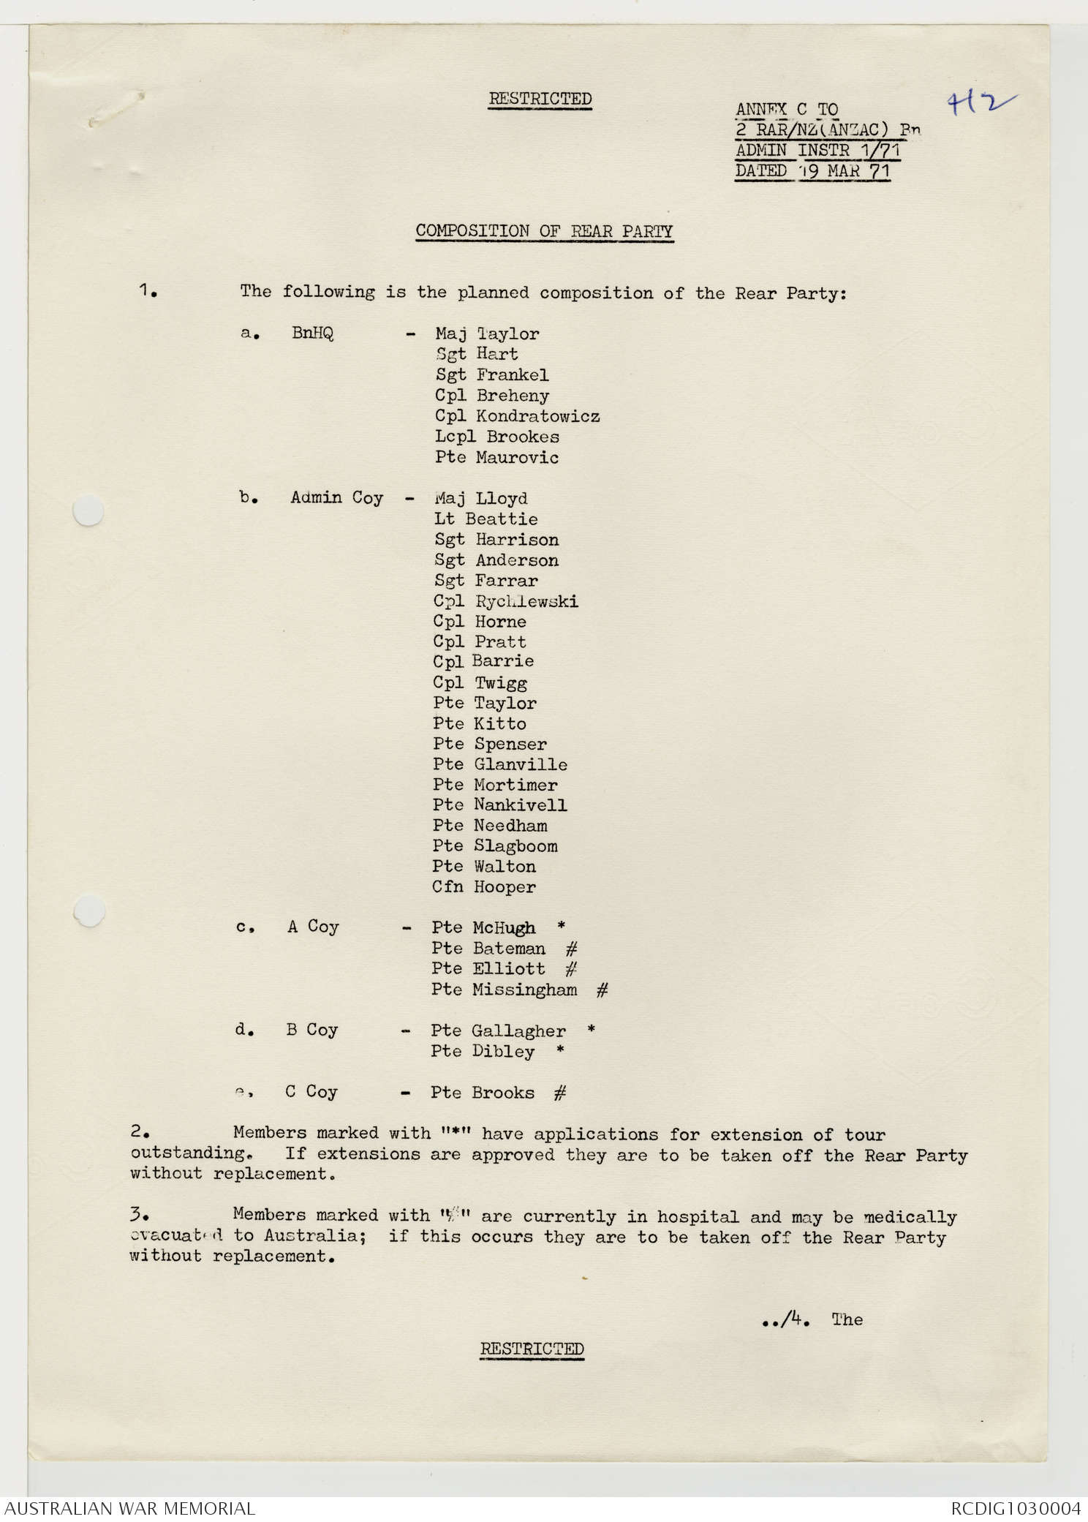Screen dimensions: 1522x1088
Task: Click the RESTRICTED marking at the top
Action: click(x=540, y=99)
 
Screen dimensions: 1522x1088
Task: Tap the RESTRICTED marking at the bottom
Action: click(x=532, y=1349)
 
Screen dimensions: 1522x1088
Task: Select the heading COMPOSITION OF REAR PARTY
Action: click(x=544, y=231)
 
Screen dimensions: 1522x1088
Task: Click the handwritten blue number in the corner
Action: click(x=981, y=105)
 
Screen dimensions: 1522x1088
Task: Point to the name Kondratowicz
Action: click(x=537, y=416)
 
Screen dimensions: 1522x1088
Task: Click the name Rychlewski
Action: click(x=526, y=601)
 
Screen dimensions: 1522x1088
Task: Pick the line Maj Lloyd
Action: click(x=480, y=499)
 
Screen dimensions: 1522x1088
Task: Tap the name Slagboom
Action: click(x=515, y=846)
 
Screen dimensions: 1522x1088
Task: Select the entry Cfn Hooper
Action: click(x=483, y=887)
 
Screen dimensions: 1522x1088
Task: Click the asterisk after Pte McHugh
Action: click(x=561, y=926)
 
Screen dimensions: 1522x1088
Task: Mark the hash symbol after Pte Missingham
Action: click(x=602, y=990)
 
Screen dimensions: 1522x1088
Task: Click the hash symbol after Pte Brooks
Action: click(x=560, y=1093)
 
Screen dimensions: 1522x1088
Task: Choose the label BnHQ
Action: click(x=312, y=334)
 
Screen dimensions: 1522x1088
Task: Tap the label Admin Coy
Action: click(x=336, y=497)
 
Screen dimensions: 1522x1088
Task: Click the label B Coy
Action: click(x=311, y=1031)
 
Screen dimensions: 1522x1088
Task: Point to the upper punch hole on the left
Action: click(x=88, y=510)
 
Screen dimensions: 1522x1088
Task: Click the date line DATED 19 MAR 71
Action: click(x=812, y=172)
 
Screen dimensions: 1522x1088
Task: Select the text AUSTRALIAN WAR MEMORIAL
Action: click(x=129, y=1508)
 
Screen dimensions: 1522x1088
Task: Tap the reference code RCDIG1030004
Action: click(x=1015, y=1508)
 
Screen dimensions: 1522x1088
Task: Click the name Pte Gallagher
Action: click(x=498, y=1031)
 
